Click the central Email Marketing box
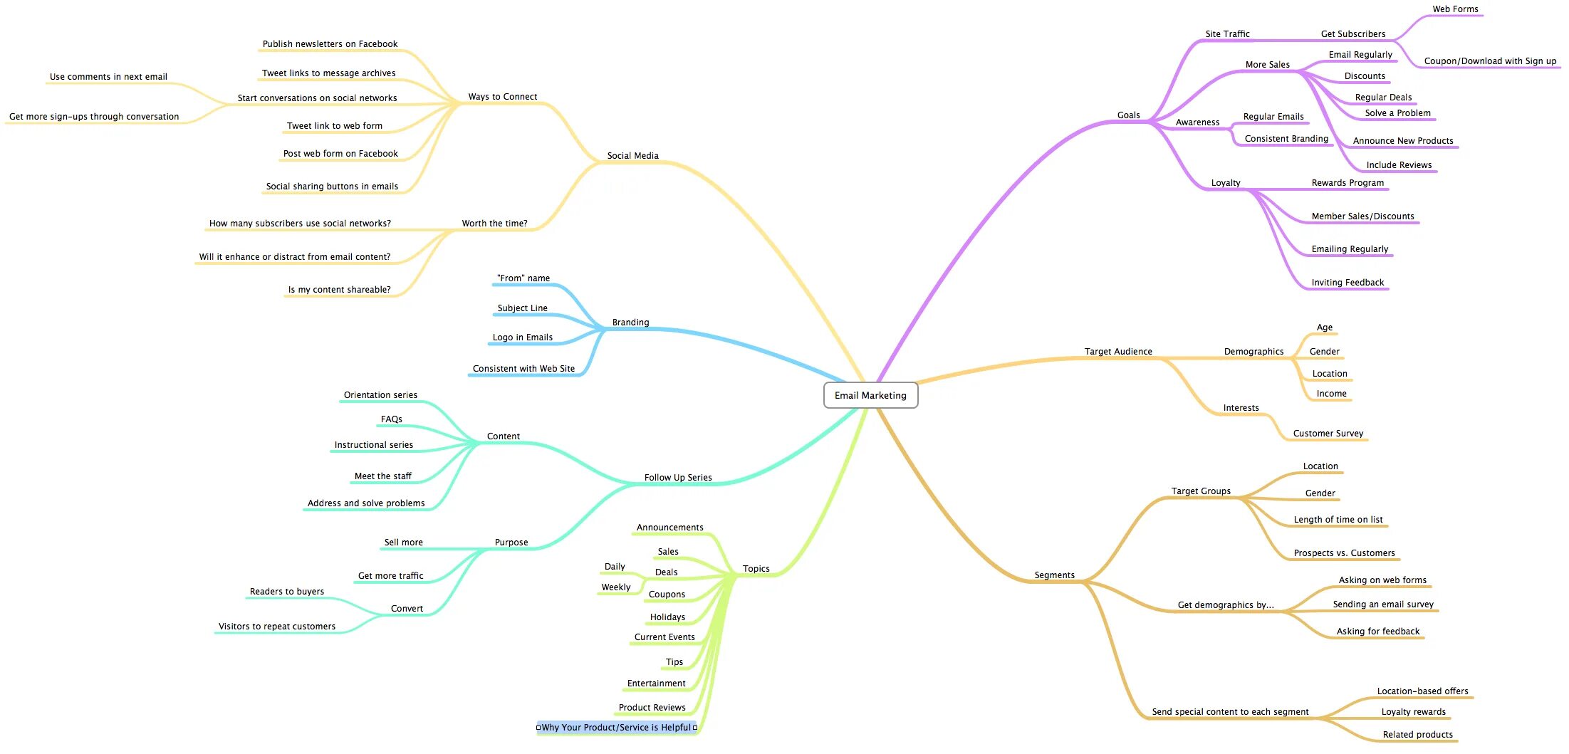point(870,395)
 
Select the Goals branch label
point(1128,115)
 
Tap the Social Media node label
point(632,156)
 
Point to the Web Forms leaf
point(1455,9)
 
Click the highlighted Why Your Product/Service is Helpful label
point(616,727)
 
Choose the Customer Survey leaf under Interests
point(1328,434)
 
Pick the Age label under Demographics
point(1324,328)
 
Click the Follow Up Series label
point(677,478)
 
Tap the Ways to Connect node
point(502,97)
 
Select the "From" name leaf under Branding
point(523,278)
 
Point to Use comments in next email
point(108,77)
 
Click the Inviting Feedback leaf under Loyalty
point(1348,283)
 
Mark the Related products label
point(1417,735)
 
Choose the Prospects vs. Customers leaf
point(1344,553)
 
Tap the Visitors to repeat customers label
point(276,627)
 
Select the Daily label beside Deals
point(615,567)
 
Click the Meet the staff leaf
point(382,476)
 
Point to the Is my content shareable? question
point(339,290)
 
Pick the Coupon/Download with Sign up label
point(1490,61)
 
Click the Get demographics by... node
point(1226,605)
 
